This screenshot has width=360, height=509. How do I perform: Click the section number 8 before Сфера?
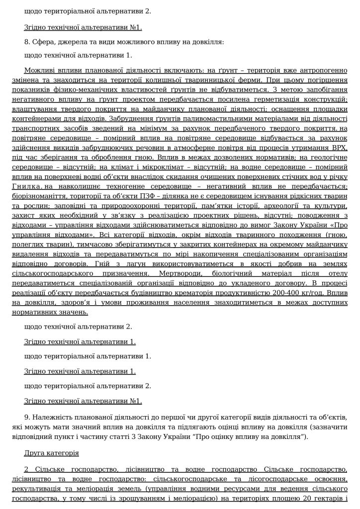pos(26,42)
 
